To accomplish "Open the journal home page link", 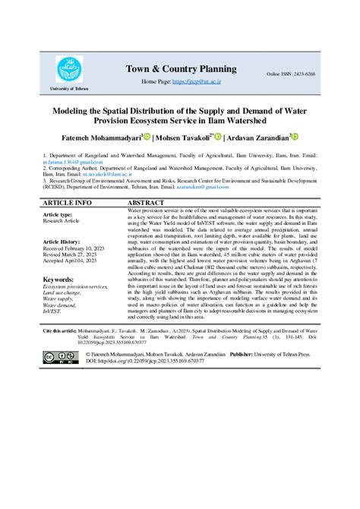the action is (x=195, y=81).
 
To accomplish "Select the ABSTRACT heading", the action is (x=147, y=204).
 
